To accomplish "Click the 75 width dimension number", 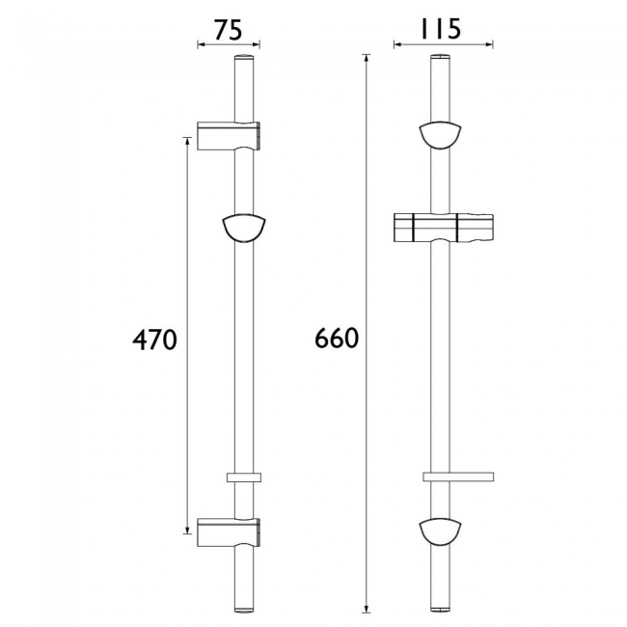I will pyautogui.click(x=227, y=30).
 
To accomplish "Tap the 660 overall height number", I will pyautogui.click(x=337, y=340).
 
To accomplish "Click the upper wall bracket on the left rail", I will pyautogui.click(x=230, y=136).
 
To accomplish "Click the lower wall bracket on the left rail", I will pyautogui.click(x=230, y=530).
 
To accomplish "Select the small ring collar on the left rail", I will pyautogui.click(x=245, y=477).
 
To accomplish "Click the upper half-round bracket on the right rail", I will pyautogui.click(x=442, y=134).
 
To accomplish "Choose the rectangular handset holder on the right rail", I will pyautogui.click(x=442, y=229).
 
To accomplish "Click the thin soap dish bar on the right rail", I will pyautogui.click(x=458, y=477).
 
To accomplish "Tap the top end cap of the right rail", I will pyautogui.click(x=442, y=62).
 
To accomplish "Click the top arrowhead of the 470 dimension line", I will pyautogui.click(x=187, y=141).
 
